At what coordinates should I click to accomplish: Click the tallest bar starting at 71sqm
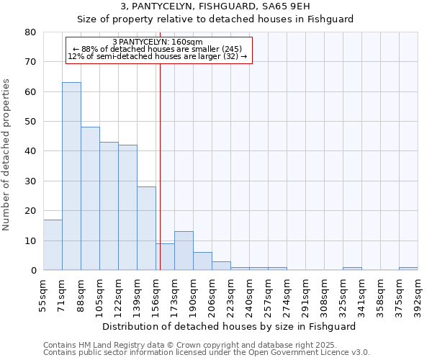tap(71, 176)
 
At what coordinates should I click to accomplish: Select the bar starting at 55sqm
tap(53, 245)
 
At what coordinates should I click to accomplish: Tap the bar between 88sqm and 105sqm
tap(90, 199)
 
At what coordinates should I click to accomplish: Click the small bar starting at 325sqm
tap(352, 269)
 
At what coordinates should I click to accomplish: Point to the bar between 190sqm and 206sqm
tap(202, 261)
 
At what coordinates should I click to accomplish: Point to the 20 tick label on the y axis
tap(30, 211)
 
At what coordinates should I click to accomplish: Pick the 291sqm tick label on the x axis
tap(305, 296)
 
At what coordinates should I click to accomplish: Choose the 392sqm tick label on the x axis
tap(418, 296)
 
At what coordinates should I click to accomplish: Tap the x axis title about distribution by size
tap(229, 326)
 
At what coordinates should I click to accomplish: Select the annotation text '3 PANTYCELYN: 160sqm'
tap(158, 42)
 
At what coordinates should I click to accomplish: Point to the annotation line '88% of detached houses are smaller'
tap(158, 49)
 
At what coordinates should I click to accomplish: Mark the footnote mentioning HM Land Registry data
tap(206, 345)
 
